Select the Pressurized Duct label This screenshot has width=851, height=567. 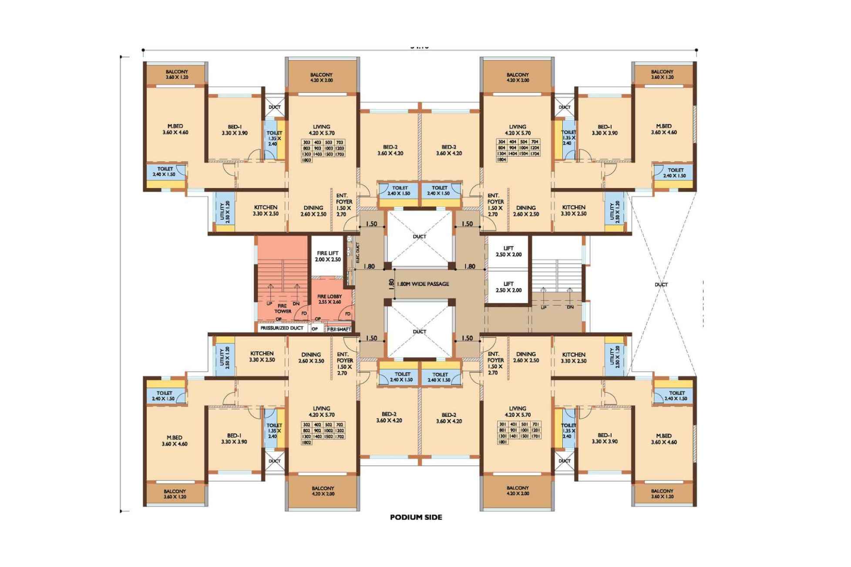[x=281, y=328]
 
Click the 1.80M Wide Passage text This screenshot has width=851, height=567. [x=423, y=284]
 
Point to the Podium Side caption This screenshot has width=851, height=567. [x=416, y=517]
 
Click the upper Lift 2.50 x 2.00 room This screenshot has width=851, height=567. [x=508, y=252]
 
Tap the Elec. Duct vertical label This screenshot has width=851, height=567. [x=357, y=252]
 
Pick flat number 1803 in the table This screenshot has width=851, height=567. [x=306, y=160]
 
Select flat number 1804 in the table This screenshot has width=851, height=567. [x=501, y=160]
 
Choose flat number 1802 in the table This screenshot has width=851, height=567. [x=306, y=442]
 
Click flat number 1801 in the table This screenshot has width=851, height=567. [x=502, y=442]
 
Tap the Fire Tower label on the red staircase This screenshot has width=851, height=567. [x=283, y=309]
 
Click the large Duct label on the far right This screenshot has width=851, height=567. [x=661, y=285]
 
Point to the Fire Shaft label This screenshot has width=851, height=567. [x=339, y=329]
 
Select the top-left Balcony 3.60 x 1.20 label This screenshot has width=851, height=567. [x=176, y=74]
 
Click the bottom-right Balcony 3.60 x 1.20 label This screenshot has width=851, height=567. [x=662, y=493]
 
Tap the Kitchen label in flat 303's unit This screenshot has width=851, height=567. [x=266, y=210]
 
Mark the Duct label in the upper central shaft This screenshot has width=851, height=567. [x=419, y=237]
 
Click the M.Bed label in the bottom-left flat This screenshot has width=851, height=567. [x=175, y=440]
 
